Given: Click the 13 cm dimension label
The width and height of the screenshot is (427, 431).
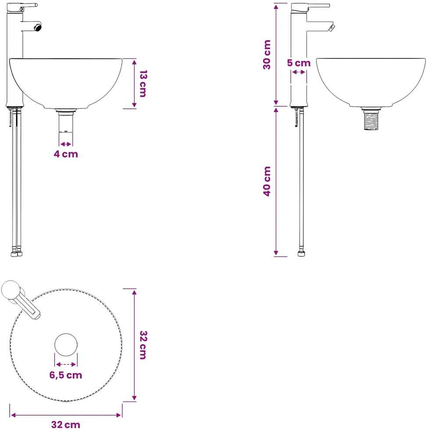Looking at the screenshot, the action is (143, 83).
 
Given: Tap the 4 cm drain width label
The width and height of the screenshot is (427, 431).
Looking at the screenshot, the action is (66, 154).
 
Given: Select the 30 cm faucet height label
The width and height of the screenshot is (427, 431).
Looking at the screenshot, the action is (267, 54).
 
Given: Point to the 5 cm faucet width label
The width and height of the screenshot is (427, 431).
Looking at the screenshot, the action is (299, 63).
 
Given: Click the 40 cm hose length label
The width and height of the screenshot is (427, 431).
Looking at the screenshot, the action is (267, 181).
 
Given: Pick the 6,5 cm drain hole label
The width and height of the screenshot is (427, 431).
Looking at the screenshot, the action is (66, 375).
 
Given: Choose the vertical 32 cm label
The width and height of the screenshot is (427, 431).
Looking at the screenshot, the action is (143, 345).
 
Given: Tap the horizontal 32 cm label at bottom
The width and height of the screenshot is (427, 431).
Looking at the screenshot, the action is (66, 425).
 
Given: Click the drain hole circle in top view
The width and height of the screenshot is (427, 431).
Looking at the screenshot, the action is (66, 345).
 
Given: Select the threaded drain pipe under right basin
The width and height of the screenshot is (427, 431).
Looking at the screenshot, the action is (371, 120).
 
